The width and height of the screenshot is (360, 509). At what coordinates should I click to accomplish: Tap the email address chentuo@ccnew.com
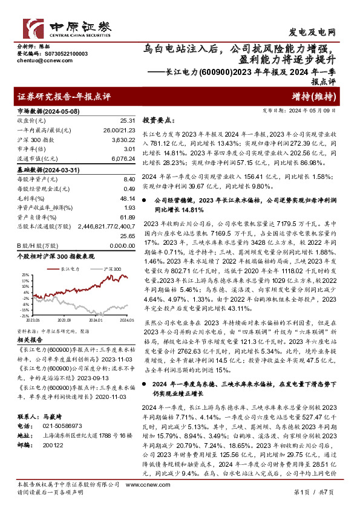coord(37,62)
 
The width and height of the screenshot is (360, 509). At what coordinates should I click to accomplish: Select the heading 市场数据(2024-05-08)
coord(47,112)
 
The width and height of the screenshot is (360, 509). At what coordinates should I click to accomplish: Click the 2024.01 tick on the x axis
coord(95,320)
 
